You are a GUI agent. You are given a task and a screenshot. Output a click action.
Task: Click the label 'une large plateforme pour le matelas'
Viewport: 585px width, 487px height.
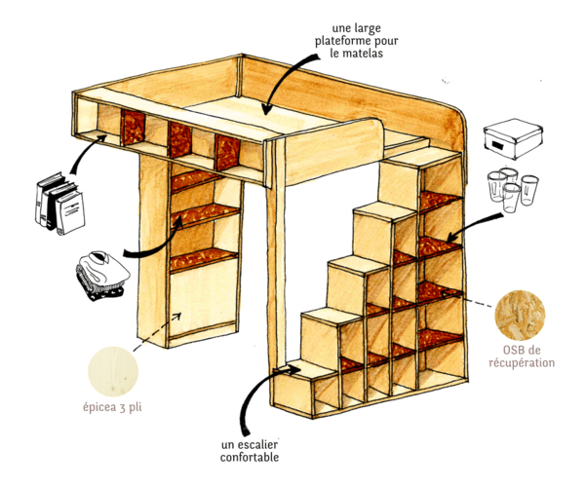(x=349, y=41)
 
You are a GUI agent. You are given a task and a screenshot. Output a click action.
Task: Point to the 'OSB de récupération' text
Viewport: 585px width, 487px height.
(x=528, y=356)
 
